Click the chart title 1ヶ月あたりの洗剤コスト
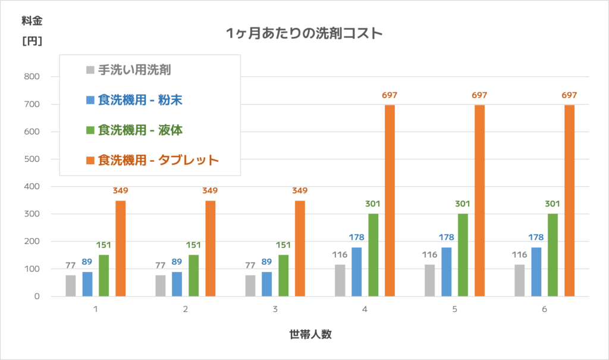304,33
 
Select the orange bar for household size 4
390,201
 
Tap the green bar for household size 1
104,276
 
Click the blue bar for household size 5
446,272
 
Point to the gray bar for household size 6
520,280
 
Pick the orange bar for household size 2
210,248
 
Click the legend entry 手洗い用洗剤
134,70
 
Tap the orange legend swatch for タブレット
90,159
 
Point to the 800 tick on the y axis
32,77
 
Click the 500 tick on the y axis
32,159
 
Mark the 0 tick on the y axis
36,296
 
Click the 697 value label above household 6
569,95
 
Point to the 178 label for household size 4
357,237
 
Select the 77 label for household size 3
250,265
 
